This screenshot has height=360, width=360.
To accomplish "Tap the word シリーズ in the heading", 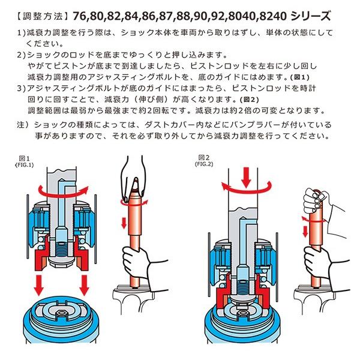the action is coord(310,16).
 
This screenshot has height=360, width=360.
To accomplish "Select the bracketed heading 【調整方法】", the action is coord(43,17).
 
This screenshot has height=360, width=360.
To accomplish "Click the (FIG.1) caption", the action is coord(25,165).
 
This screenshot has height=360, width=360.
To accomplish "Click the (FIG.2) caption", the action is coord(204,164).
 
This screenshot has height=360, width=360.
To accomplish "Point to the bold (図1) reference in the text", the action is coord(299,77).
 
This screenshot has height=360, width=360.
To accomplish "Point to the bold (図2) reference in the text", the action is coord(249,100).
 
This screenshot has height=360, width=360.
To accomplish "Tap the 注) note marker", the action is coord(23,125).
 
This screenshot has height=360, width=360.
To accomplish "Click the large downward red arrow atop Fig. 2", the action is coord(247,177).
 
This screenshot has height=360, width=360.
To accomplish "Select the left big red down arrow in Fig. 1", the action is coord(39,285).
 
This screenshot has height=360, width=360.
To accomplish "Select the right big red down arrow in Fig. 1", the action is coord(84,285).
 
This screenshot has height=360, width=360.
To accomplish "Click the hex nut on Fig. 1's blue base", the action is coord(61,313).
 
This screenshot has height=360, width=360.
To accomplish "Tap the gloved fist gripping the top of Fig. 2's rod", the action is coord(314,200).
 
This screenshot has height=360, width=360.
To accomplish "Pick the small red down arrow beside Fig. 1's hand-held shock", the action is coord(124,223).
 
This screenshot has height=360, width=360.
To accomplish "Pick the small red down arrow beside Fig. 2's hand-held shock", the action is coord(305,232).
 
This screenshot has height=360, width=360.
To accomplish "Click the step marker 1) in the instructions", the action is coord(22,33).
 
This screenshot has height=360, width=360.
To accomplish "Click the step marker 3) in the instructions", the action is coord(22,89).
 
